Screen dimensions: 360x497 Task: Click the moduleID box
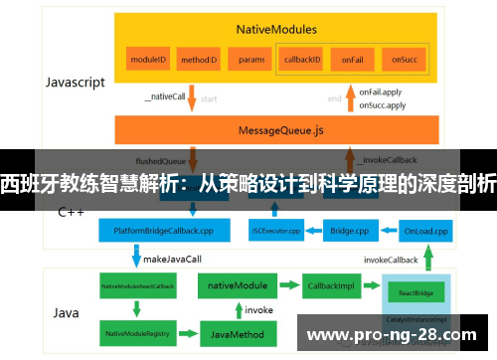pos(147,60)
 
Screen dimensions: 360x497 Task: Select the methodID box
pos(199,60)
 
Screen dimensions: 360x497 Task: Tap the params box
pos(251,60)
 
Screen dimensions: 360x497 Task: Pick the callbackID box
pos(301,60)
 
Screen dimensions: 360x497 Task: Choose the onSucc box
pos(403,60)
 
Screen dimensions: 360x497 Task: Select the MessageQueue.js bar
pos(278,129)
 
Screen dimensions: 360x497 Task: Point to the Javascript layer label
pos(75,83)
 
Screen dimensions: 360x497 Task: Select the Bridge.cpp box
pos(352,232)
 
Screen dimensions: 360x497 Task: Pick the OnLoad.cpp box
pos(426,232)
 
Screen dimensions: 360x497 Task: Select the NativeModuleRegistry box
pos(137,332)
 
